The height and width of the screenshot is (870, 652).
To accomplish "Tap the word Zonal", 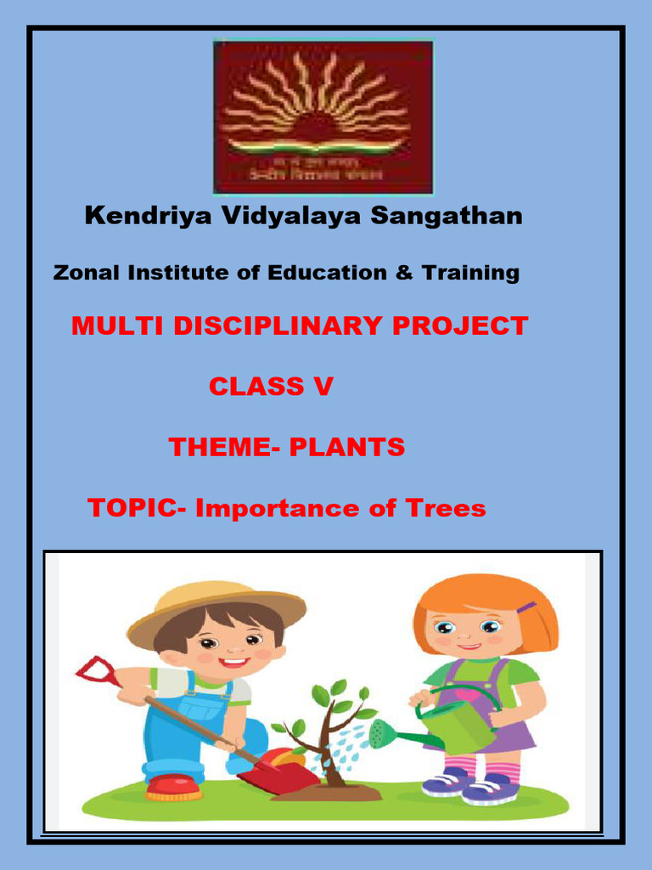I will [x=86, y=273].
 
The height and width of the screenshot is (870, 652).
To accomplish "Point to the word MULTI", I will [x=109, y=326].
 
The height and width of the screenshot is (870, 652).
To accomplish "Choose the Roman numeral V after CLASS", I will [x=323, y=387].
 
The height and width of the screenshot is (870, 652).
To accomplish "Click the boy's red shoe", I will [x=173, y=788].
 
